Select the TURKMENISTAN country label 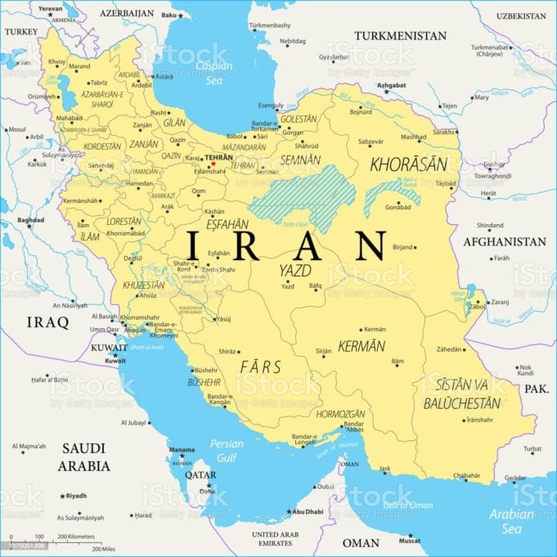click(x=400, y=36)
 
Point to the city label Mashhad click(x=413, y=137)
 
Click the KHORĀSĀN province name click(x=408, y=164)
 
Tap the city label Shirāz click(x=227, y=351)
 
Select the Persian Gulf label click(x=227, y=449)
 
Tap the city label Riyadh click(x=76, y=496)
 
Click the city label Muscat click(x=410, y=541)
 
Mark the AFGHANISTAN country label click(x=505, y=242)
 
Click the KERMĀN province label click(x=361, y=346)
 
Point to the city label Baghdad click(x=30, y=220)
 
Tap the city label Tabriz click(x=99, y=82)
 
